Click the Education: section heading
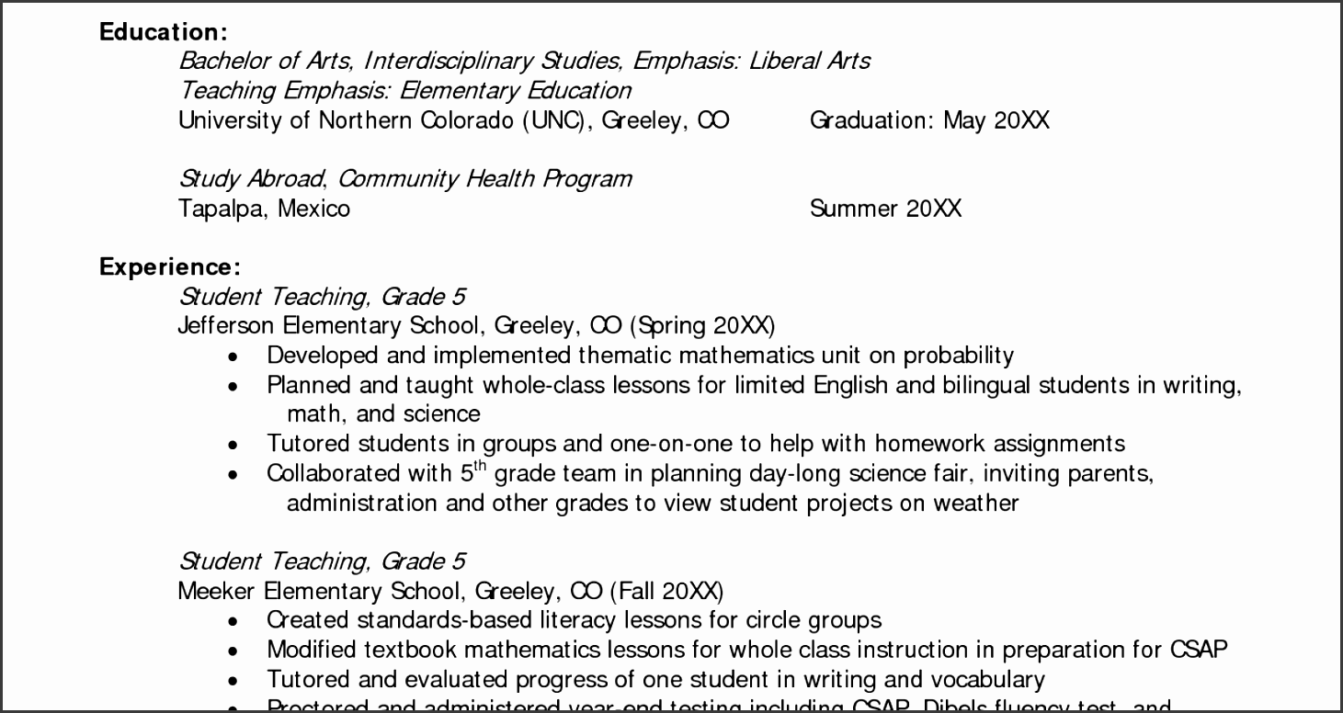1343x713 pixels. (x=163, y=32)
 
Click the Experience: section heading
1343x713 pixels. (x=170, y=267)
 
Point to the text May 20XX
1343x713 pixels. (x=996, y=120)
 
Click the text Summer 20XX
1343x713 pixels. (x=885, y=209)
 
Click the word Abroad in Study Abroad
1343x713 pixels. (x=284, y=179)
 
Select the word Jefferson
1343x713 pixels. (x=225, y=326)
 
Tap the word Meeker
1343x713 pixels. (x=215, y=591)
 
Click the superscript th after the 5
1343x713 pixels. (x=478, y=466)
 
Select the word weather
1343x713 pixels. (x=976, y=504)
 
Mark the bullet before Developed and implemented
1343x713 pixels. (x=233, y=357)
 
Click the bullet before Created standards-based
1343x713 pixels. (x=233, y=622)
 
